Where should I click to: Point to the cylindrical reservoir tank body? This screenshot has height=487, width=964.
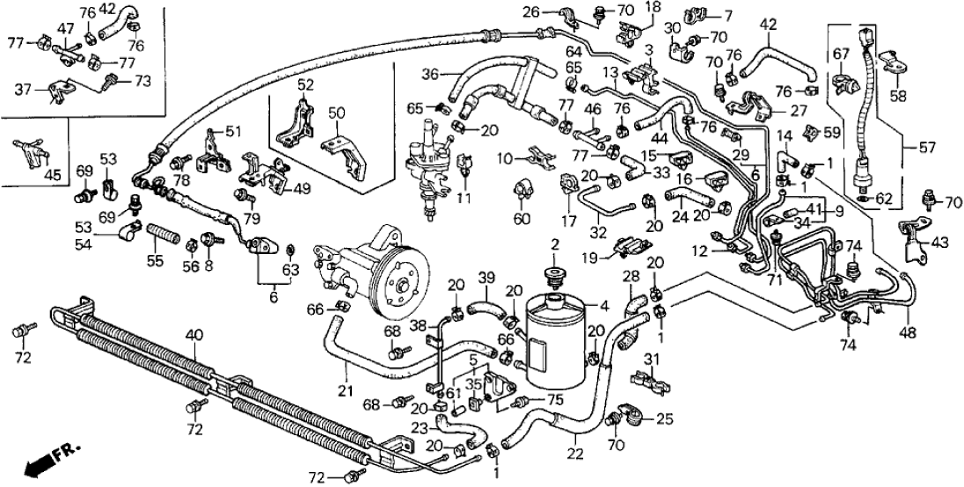pyautogui.click(x=555, y=339)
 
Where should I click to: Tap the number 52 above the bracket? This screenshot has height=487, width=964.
pyautogui.click(x=305, y=85)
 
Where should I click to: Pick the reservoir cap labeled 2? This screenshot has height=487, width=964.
pyautogui.click(x=555, y=276)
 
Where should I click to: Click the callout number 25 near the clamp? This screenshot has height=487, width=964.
pyautogui.click(x=663, y=419)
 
